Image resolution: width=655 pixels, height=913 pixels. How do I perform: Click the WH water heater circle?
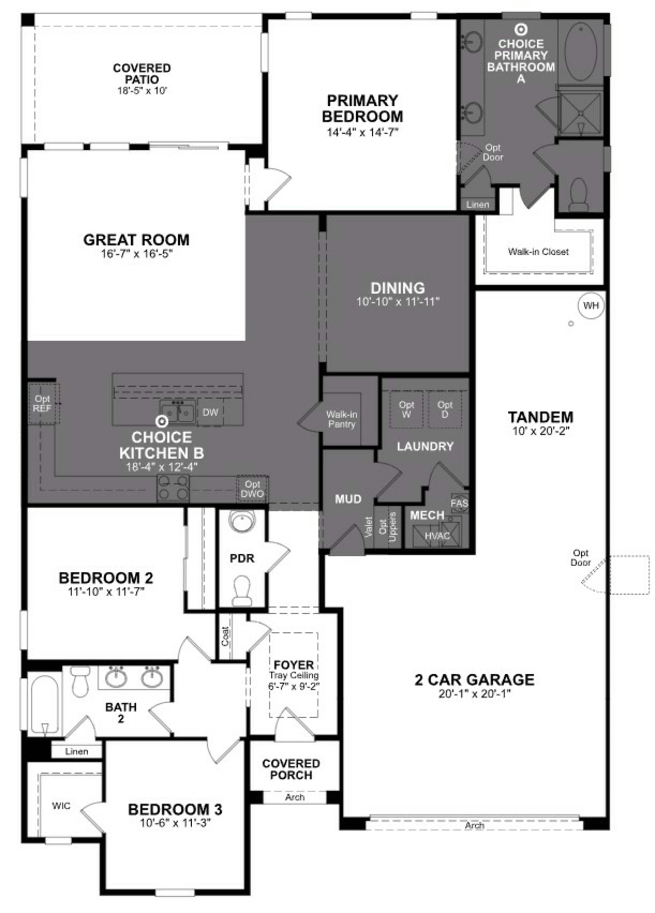point(591,306)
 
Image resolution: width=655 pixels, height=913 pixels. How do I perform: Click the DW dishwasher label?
point(210,412)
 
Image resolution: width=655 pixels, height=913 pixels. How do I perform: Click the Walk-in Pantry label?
point(341,419)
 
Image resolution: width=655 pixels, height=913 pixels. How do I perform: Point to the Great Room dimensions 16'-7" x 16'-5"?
point(136,254)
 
